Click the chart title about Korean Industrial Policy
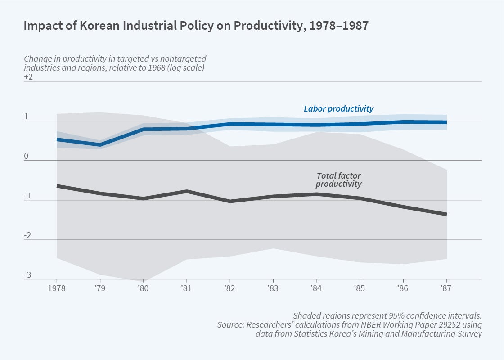(196, 26)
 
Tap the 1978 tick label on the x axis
(57, 288)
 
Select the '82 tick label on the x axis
(230, 288)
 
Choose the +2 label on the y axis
(28, 77)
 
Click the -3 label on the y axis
(27, 275)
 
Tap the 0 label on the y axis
(26, 156)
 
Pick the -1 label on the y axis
(27, 196)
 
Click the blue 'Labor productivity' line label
(338, 109)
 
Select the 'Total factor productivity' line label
(338, 180)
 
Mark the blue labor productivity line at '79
(100, 144)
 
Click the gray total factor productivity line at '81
(187, 191)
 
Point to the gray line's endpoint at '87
(446, 214)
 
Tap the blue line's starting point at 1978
(57, 139)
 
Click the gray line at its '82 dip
(230, 201)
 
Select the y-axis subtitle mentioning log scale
(115, 63)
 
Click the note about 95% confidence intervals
(387, 315)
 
